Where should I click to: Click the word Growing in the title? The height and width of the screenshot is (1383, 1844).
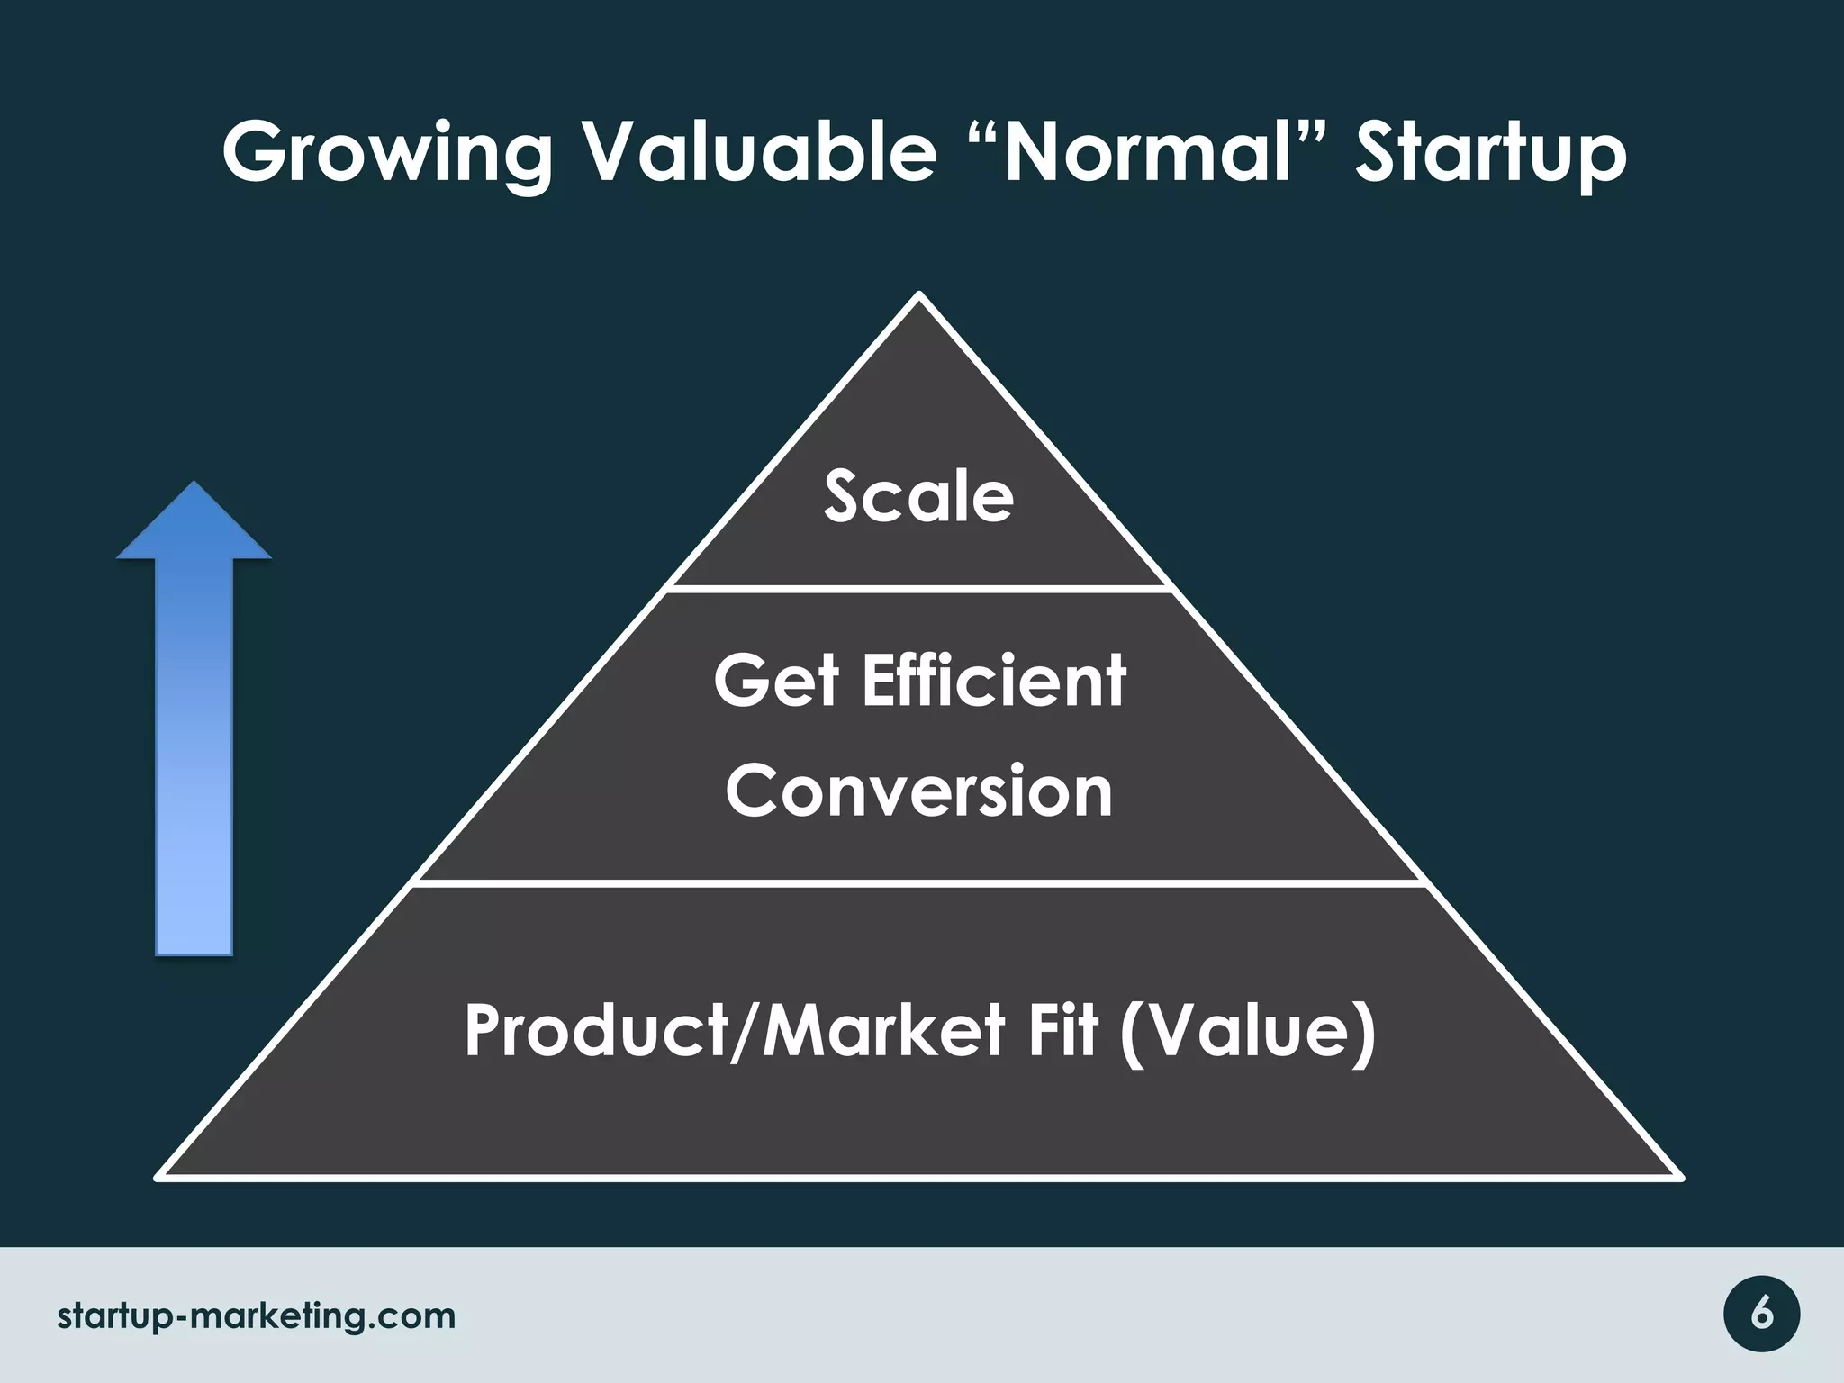click(387, 153)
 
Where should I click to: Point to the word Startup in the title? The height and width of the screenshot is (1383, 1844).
click(1491, 153)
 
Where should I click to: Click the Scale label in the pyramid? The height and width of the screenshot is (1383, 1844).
click(918, 497)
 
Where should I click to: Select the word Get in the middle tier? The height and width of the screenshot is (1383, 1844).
click(776, 682)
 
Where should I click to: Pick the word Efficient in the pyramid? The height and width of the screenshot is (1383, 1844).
click(994, 682)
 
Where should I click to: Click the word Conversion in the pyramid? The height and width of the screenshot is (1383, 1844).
click(919, 791)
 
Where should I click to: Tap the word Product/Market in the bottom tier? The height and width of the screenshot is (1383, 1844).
click(734, 1031)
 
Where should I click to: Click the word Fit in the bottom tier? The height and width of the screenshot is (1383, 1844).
click(1062, 1031)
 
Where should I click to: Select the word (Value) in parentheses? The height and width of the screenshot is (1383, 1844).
click(1248, 1033)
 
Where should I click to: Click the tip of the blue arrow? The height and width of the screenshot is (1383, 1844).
click(194, 486)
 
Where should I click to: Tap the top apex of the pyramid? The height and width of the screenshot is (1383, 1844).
click(919, 295)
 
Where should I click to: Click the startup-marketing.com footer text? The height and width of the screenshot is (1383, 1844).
click(257, 1316)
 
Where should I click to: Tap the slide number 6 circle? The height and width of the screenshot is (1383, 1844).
click(1761, 1315)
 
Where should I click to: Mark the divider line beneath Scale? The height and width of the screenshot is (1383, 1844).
click(918, 588)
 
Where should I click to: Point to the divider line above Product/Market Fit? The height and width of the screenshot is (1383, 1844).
click(918, 883)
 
